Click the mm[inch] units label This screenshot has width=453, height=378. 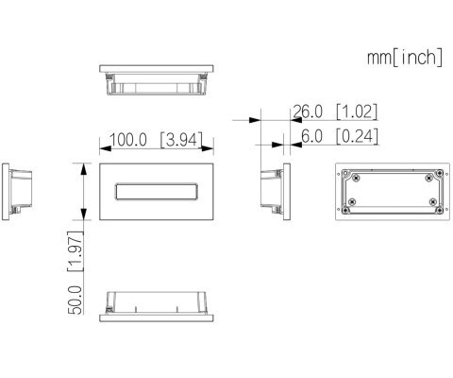pyautogui.click(x=404, y=58)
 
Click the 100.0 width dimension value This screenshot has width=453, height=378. pyautogui.click(x=127, y=140)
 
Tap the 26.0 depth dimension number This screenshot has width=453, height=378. pyautogui.click(x=307, y=112)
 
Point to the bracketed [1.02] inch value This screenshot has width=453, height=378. pyautogui.click(x=356, y=112)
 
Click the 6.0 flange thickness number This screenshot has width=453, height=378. pyautogui.click(x=311, y=136)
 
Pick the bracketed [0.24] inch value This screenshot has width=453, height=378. pyautogui.click(x=356, y=136)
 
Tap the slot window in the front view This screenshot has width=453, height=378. pyautogui.click(x=155, y=192)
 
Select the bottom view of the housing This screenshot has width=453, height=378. pyautogui.click(x=155, y=303)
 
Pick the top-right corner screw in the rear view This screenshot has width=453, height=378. pyautogui.click(x=432, y=177)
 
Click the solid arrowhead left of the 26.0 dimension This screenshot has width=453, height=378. pyautogui.click(x=257, y=120)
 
